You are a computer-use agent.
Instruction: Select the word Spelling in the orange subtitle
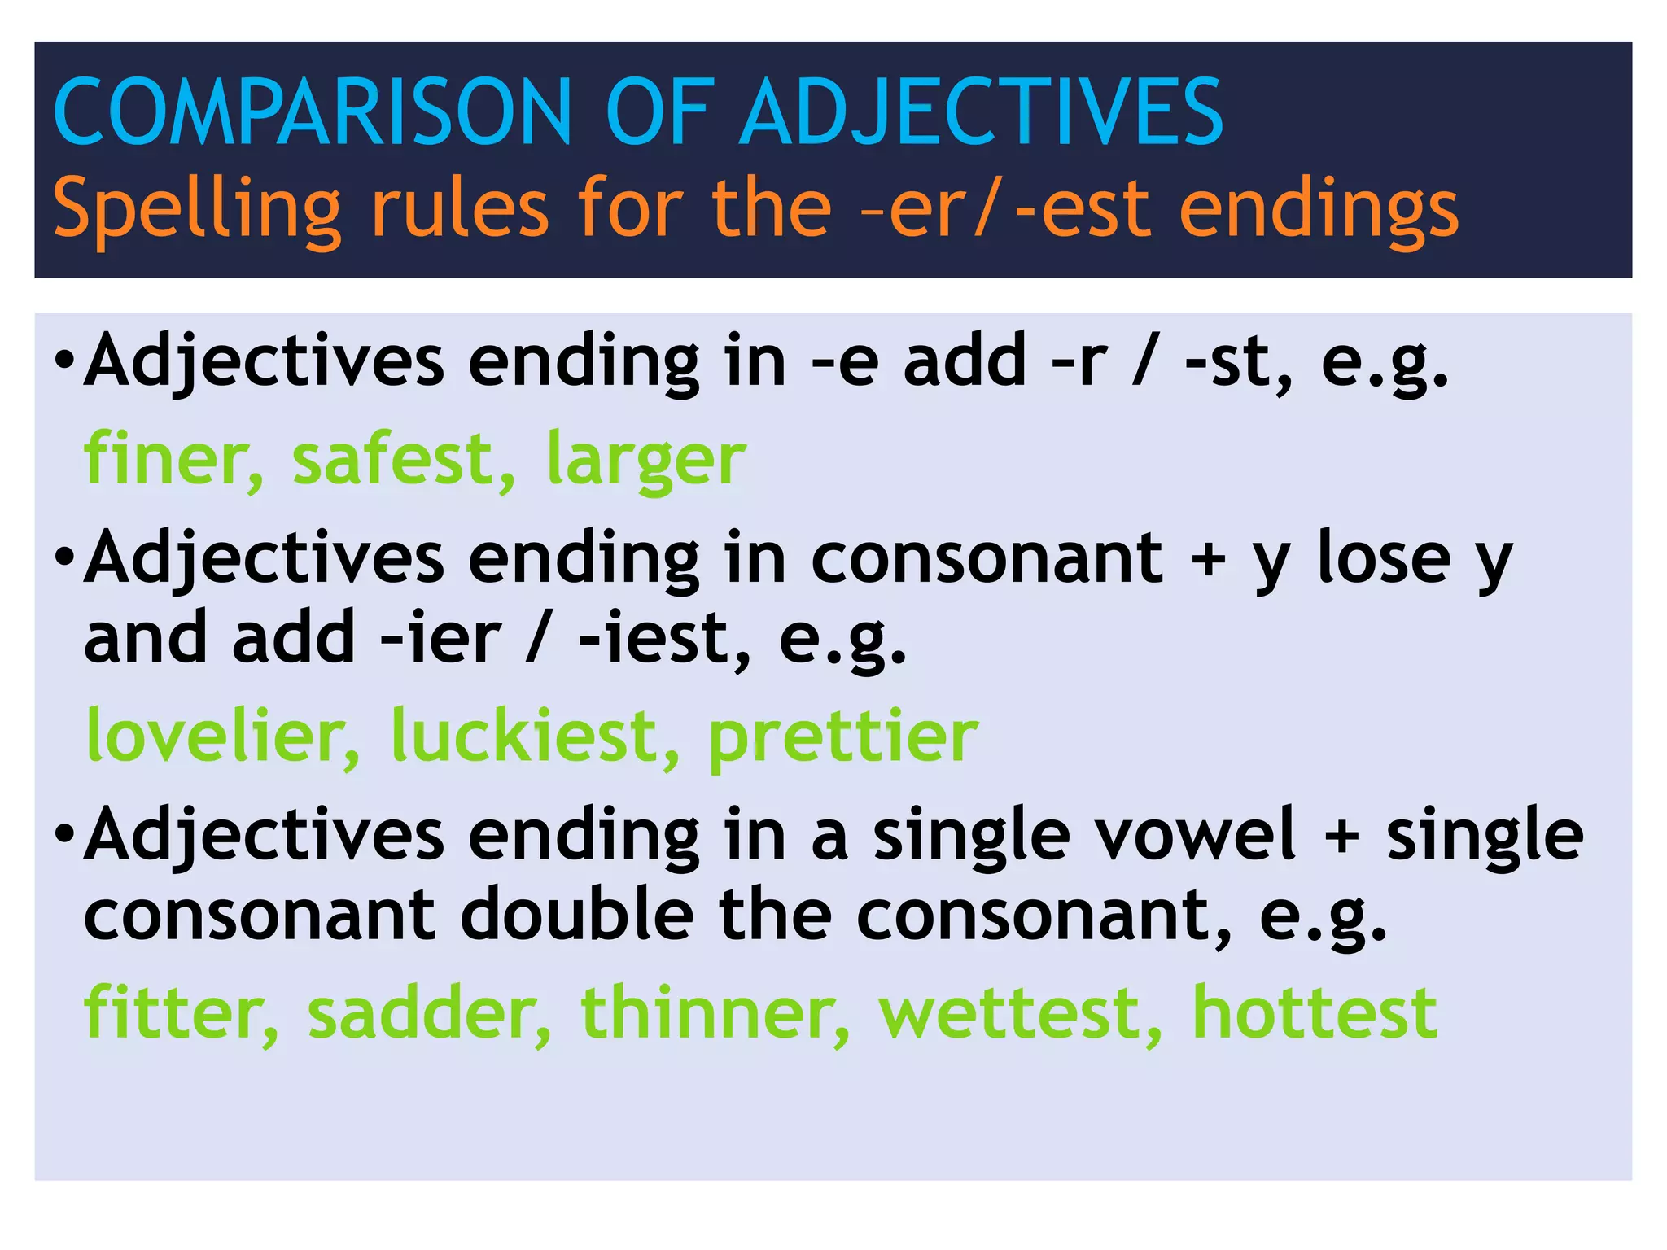coord(196,210)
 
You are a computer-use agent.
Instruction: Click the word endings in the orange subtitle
coord(1319,210)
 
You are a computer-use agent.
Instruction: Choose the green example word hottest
coord(1315,1012)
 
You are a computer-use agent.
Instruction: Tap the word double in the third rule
coord(577,915)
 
